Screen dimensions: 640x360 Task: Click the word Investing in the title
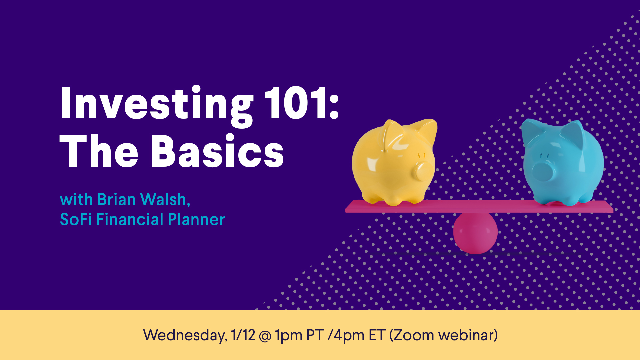pyautogui.click(x=157, y=106)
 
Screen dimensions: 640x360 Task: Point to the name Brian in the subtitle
pyautogui.click(x=116, y=199)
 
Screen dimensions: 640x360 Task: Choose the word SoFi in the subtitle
pyautogui.click(x=76, y=219)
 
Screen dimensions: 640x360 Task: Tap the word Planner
pyautogui.click(x=196, y=219)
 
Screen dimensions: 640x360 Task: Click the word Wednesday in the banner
pyautogui.click(x=185, y=335)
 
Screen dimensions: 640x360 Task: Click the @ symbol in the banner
pyautogui.click(x=265, y=336)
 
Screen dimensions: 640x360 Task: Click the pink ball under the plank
pyautogui.click(x=475, y=233)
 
